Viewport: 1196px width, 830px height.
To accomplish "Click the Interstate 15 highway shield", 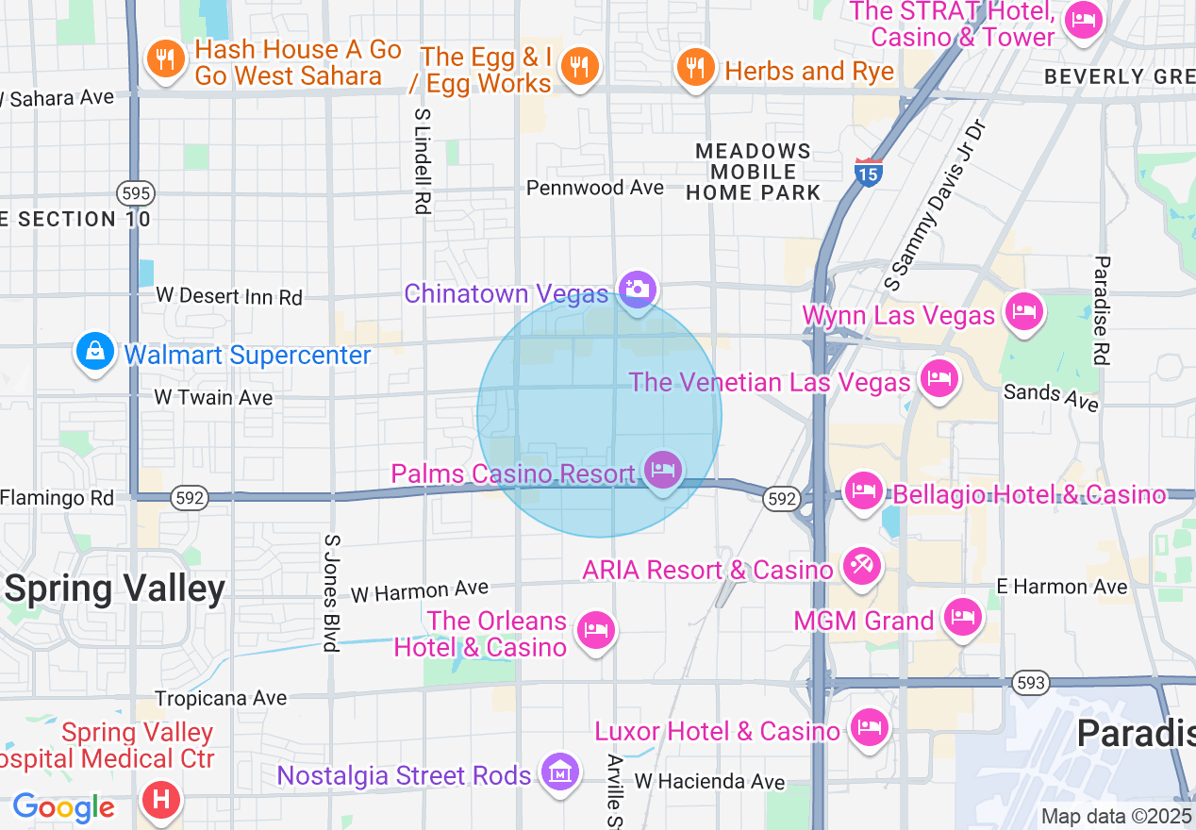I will coord(867,173).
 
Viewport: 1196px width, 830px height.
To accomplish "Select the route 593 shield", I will coord(1025,682).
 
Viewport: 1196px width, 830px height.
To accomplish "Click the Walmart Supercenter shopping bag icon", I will coord(94,352).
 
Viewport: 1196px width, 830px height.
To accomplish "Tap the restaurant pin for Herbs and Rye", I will coord(695,67).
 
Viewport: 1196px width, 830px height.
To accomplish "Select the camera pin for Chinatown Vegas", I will coord(638,289).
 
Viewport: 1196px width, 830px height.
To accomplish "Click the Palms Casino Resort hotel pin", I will coord(663,469).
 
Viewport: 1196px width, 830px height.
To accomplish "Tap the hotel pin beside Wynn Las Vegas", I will coord(1024,310).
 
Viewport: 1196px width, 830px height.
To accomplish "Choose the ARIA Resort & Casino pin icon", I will coord(862,567).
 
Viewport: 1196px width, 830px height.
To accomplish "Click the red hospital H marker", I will coord(160,801).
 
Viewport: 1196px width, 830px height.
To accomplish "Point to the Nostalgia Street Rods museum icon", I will coord(560,772).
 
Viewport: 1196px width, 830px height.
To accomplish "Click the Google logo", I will coord(63,807).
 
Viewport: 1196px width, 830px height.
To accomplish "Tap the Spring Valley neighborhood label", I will coord(115,589).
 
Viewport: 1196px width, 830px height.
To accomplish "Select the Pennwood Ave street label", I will coord(594,188).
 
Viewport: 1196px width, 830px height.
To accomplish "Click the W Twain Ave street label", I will coord(213,397).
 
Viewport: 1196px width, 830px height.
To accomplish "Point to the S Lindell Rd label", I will coord(422,159).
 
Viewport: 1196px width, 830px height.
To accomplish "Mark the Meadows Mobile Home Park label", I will coord(753,172).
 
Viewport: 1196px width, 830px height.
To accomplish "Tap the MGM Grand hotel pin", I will coord(961,618).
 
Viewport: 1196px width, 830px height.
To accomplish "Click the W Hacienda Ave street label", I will coord(709,781).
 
